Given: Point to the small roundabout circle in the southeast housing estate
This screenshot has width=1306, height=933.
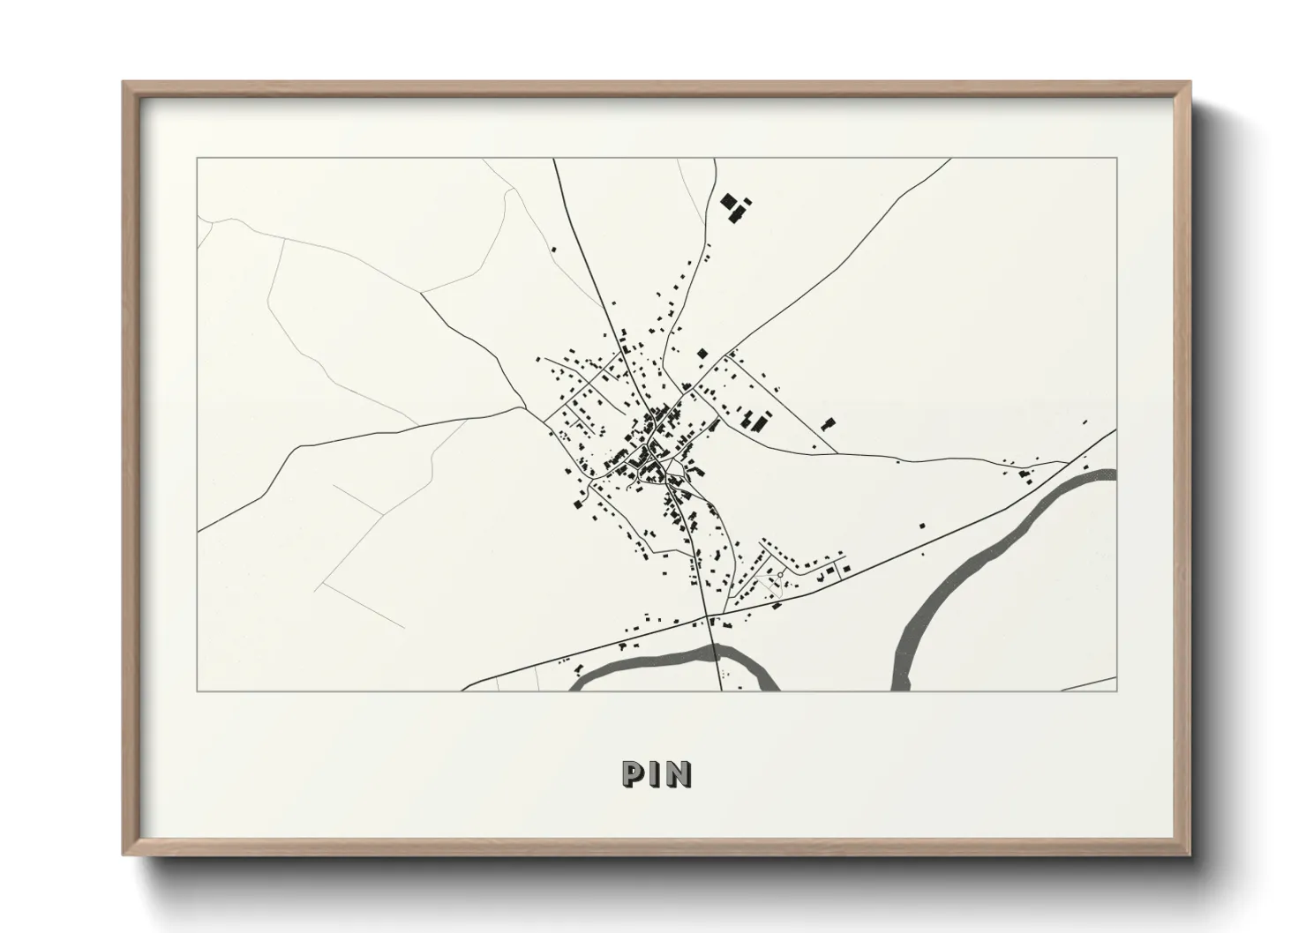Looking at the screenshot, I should [781, 574].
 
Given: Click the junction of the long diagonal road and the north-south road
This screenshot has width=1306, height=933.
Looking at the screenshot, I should [708, 614].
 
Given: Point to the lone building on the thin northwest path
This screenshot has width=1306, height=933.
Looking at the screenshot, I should [554, 250].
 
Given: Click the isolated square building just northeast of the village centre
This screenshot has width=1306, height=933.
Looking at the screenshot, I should [702, 353].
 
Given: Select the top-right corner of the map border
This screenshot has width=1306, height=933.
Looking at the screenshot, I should [1116, 159].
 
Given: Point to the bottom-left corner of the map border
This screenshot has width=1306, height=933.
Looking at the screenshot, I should [198, 690].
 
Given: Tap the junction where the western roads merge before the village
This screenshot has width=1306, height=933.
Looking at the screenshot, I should [527, 407].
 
